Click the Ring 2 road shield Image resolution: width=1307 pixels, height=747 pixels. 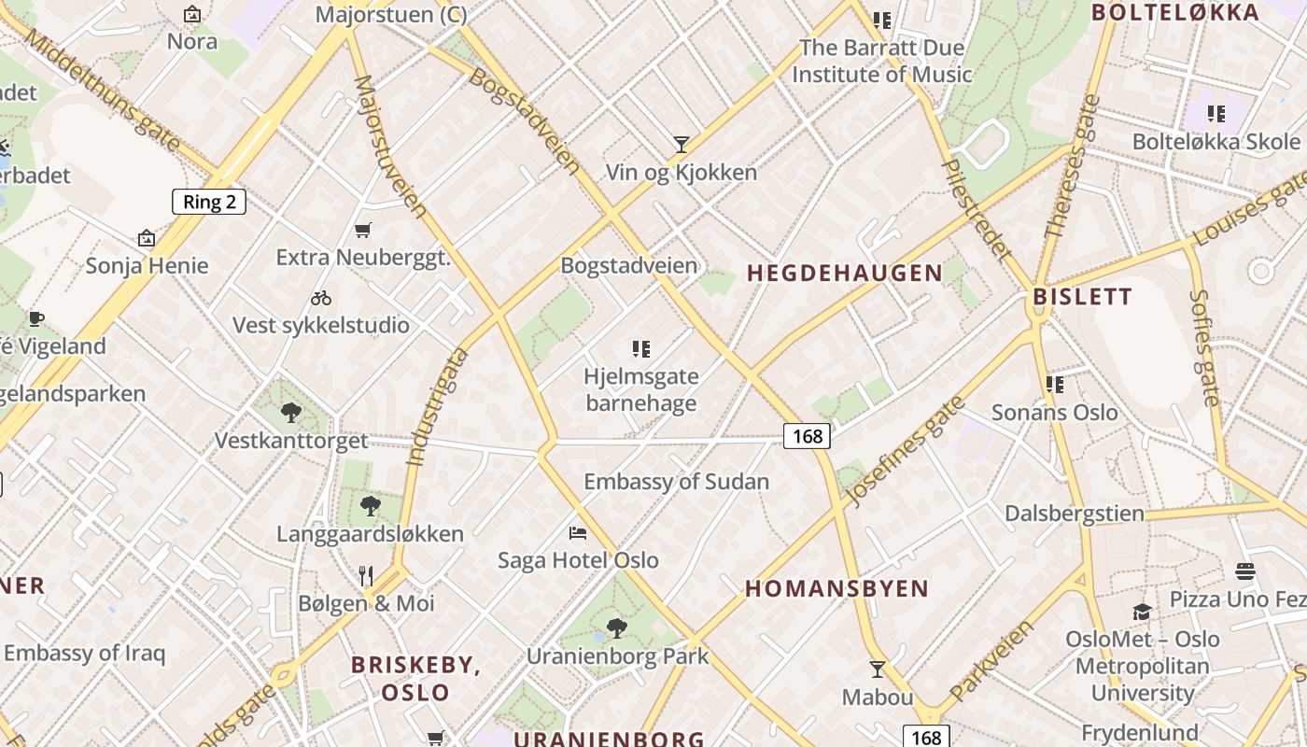[x=209, y=202]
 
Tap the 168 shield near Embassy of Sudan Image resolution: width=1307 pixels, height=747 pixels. [x=807, y=436]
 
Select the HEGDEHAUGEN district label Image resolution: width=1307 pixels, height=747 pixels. [x=845, y=273]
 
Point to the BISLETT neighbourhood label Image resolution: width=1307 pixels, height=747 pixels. [x=1082, y=297]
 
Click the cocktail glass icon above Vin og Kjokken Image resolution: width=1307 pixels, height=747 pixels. [x=682, y=145]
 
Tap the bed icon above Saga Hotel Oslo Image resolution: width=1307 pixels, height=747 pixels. [x=578, y=533]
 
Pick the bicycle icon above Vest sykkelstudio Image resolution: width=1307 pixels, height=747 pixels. [x=321, y=298]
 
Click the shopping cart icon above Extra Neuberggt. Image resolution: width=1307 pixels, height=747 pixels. [x=363, y=230]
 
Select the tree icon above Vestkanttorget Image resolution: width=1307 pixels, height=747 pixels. [x=291, y=412]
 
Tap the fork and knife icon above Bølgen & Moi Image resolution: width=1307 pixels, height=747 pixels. [x=366, y=575]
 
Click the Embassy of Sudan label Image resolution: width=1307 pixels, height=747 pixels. [x=677, y=482]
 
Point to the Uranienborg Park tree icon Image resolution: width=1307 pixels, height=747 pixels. [x=616, y=627]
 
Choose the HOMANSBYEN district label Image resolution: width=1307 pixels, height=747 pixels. [x=837, y=588]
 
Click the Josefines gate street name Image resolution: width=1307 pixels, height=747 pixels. [x=904, y=451]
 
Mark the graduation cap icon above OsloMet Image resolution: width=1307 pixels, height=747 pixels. [x=1142, y=612]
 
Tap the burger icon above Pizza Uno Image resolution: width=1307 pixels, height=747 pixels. [x=1244, y=571]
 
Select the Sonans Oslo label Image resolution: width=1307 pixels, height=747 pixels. [x=1054, y=412]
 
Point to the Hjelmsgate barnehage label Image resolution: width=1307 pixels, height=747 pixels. [x=640, y=390]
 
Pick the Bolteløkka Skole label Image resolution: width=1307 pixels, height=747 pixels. [x=1216, y=142]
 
